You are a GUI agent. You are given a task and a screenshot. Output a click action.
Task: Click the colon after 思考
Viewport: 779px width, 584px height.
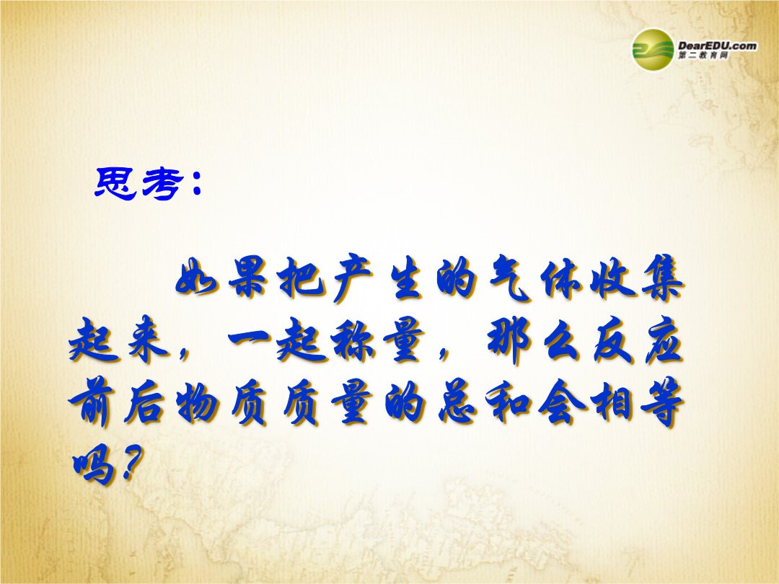pos(195,184)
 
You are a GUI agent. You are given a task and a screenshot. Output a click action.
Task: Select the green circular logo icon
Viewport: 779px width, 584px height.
pos(653,49)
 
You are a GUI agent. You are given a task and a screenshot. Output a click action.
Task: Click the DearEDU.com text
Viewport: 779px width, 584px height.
pos(718,45)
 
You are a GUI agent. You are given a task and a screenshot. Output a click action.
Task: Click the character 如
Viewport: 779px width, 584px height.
pos(197,282)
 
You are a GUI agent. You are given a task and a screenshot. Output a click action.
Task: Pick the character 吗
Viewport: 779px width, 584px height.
pos(93,466)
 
